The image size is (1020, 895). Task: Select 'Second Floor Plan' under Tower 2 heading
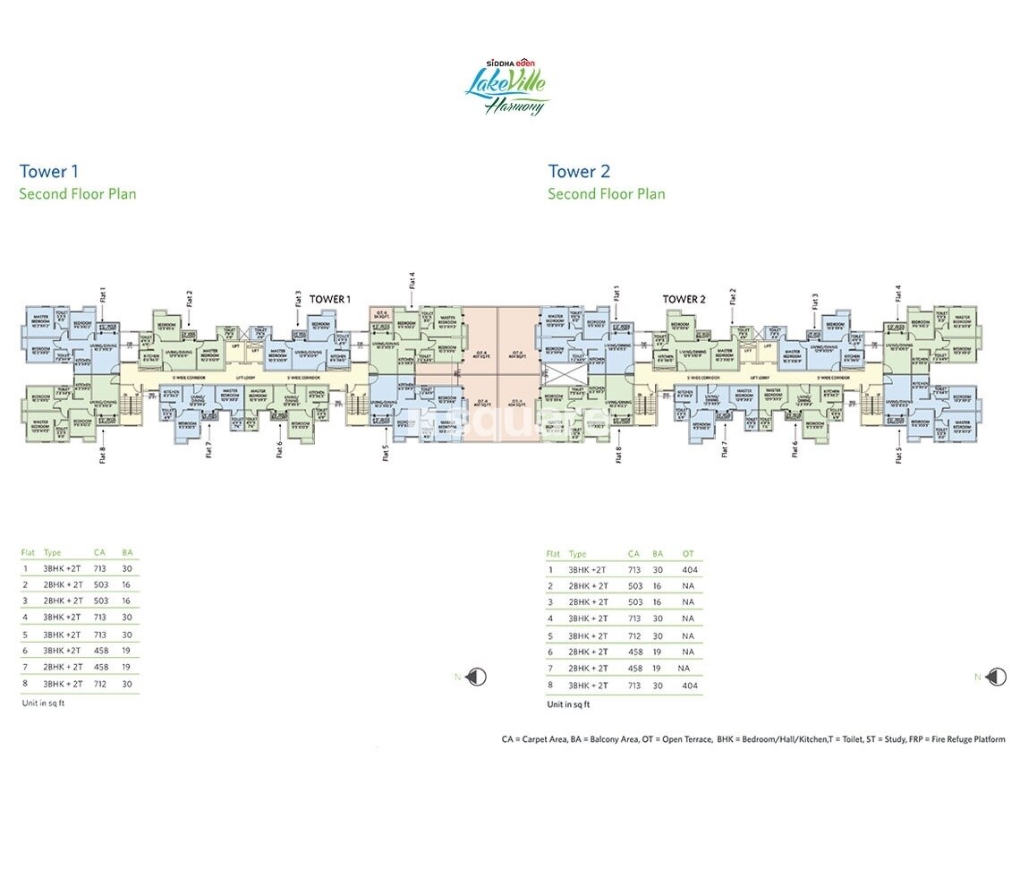click(606, 193)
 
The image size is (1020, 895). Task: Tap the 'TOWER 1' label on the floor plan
click(330, 299)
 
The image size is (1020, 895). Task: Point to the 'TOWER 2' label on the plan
click(684, 299)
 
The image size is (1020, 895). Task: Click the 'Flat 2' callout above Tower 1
click(190, 297)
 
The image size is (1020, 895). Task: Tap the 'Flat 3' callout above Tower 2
click(815, 300)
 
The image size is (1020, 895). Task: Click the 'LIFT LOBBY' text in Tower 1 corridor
click(234, 378)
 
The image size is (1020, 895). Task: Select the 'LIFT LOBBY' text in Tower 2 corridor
click(765, 378)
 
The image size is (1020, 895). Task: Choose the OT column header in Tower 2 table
click(688, 554)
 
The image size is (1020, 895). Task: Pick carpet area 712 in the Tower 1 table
click(100, 684)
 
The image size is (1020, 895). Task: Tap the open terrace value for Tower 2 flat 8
click(689, 686)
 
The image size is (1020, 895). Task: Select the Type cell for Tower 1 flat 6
click(63, 651)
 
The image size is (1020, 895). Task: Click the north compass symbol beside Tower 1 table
click(478, 678)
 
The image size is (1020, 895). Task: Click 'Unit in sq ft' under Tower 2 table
click(569, 705)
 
